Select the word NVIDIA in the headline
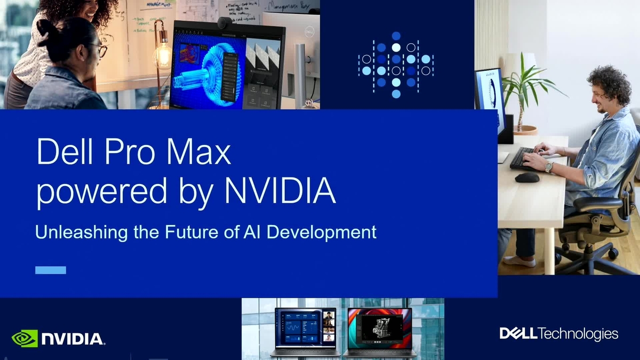280,192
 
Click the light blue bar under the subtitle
51,270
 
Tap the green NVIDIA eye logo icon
25,338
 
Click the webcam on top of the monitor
225,23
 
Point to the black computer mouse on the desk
527,177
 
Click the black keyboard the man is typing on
525,159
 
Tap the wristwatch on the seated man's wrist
549,167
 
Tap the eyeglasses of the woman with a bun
101,51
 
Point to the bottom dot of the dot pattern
396,94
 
